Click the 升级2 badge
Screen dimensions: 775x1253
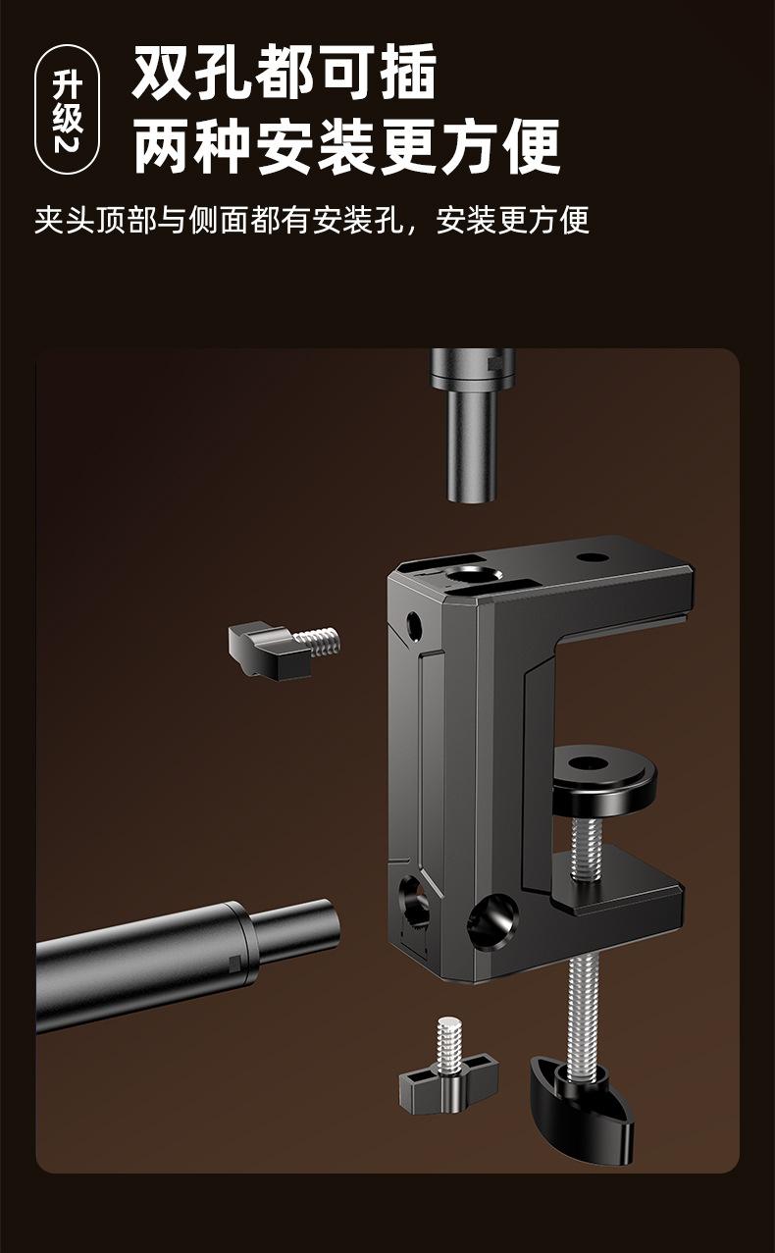[68, 110]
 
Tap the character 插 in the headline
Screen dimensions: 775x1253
[407, 73]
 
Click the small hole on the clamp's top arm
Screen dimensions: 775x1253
[592, 557]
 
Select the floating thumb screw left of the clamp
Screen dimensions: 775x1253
[283, 648]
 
